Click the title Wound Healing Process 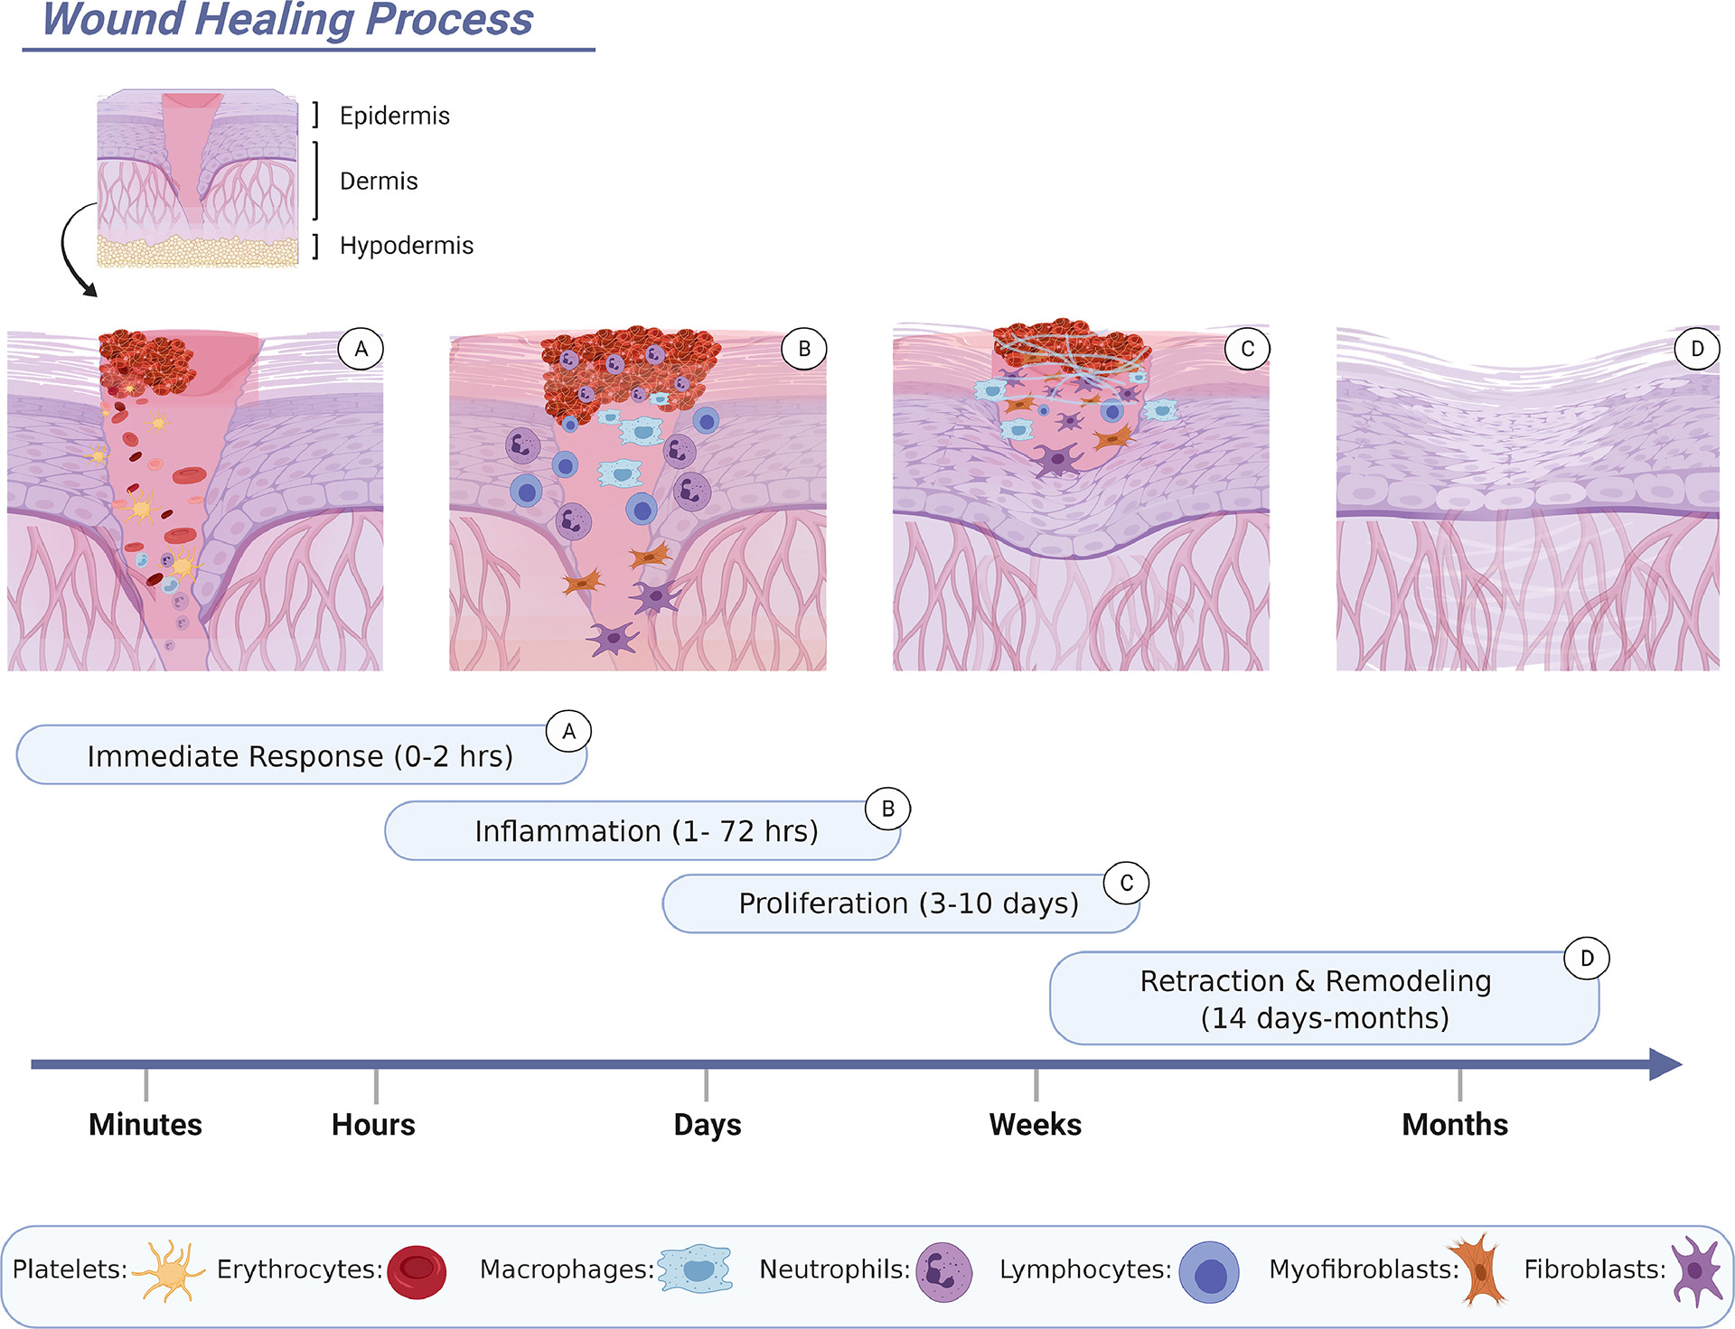point(287,20)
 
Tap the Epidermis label point(394,116)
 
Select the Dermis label point(379,181)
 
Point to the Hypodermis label point(406,246)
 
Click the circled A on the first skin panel point(361,349)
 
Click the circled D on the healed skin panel point(1696,349)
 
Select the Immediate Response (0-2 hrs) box point(300,755)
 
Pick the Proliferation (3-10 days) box point(907,903)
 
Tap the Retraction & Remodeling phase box point(1316,998)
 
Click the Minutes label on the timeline point(145,1124)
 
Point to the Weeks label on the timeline point(1036,1124)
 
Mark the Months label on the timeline point(1455,1124)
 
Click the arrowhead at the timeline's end point(1665,1064)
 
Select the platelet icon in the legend point(169,1270)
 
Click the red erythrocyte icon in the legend point(417,1271)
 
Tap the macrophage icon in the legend point(694,1268)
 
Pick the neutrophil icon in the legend point(943,1271)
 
